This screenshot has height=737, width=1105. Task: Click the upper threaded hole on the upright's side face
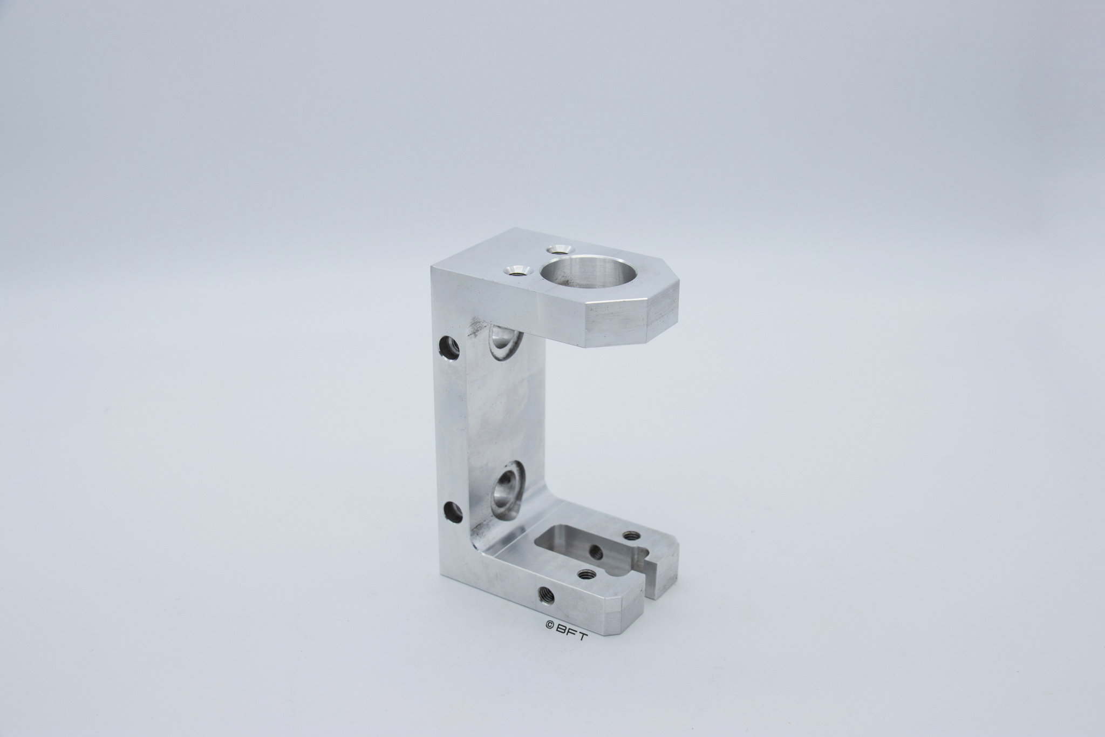448,348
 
